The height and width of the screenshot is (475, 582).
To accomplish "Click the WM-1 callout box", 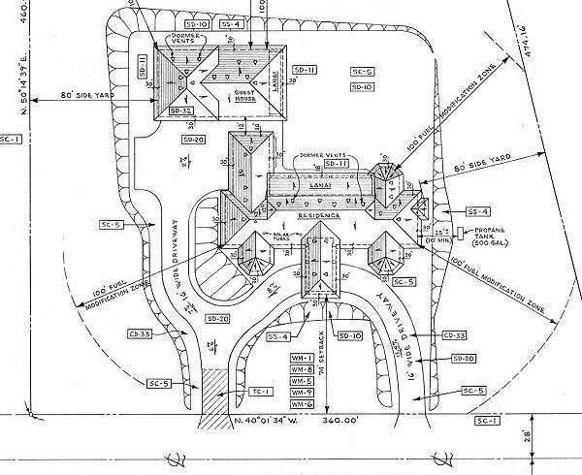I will point(302,359).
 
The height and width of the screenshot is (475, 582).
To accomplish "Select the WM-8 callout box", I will point(302,370).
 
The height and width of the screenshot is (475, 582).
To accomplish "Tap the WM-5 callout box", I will point(302,381).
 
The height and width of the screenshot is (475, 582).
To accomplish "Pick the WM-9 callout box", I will point(302,393).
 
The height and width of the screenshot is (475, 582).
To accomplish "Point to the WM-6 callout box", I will point(302,403).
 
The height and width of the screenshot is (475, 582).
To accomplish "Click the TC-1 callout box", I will point(258,393).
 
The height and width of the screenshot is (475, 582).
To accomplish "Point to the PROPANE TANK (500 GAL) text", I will point(492,237).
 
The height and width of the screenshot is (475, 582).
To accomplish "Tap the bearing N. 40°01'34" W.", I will point(280,422).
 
